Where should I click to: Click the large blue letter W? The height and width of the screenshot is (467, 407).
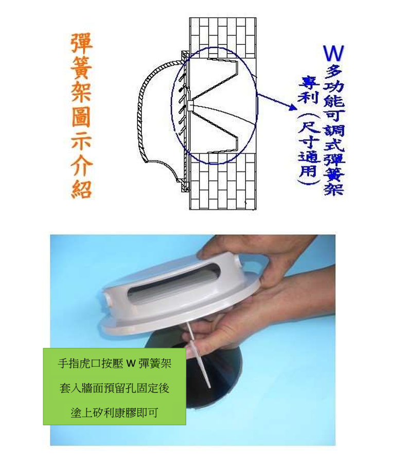(333, 53)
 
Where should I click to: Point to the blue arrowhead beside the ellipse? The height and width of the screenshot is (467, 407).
(293, 107)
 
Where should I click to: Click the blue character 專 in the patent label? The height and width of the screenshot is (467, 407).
(309, 82)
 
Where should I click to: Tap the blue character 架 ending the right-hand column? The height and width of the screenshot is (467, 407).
(334, 187)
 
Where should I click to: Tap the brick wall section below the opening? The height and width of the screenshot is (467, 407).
(223, 181)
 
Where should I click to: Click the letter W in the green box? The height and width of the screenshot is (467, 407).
(131, 364)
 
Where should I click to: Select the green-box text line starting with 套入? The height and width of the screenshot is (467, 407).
(114, 388)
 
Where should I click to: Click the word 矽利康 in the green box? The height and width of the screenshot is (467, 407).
(103, 413)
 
